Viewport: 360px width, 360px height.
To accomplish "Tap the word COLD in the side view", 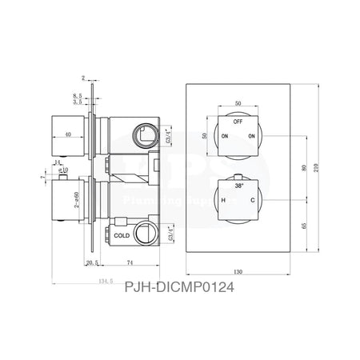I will (x=122, y=236).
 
